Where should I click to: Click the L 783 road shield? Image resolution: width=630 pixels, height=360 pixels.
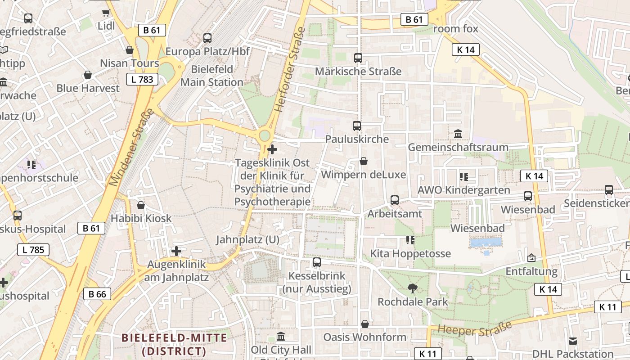[x=143, y=80]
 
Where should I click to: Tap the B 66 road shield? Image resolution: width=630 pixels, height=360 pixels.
[x=97, y=294]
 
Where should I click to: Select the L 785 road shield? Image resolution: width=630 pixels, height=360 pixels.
[x=33, y=250]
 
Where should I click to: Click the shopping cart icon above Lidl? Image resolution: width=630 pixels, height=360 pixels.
[x=106, y=13]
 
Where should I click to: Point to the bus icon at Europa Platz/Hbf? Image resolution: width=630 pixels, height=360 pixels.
[x=207, y=38]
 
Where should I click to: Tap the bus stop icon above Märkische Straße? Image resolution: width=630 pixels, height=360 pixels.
[x=358, y=58]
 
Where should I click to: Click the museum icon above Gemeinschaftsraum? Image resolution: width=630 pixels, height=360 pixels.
[x=458, y=134]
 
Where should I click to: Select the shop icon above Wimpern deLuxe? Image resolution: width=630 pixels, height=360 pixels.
[x=364, y=161]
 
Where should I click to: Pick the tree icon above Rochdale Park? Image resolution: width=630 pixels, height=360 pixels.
[x=412, y=288]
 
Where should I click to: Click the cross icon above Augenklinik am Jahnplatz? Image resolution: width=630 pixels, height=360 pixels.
[x=176, y=251]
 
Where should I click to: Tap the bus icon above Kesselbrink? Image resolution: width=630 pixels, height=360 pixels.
[x=317, y=262]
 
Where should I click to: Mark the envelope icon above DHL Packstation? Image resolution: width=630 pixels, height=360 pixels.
[x=573, y=341]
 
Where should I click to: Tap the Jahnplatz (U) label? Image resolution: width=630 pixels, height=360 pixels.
[x=247, y=239]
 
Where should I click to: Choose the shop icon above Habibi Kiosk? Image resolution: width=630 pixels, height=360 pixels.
[x=141, y=206]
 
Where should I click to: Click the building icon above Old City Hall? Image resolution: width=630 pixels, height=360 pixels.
[x=281, y=337]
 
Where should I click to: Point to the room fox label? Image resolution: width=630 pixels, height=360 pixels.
[x=455, y=29]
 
